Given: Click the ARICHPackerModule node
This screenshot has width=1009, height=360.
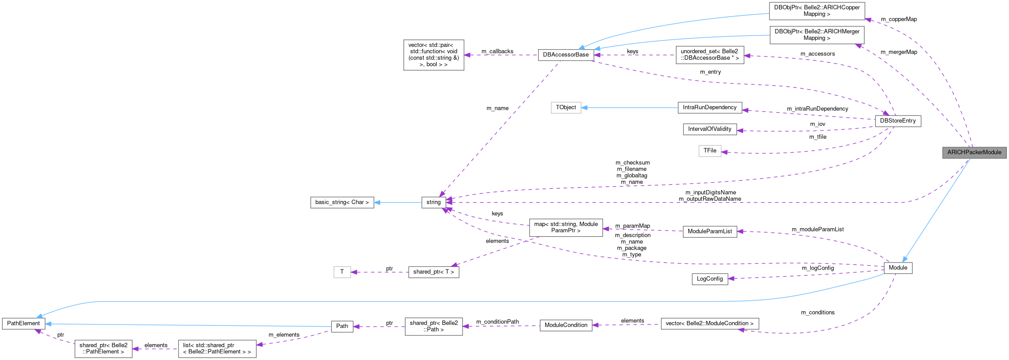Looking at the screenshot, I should tap(974, 152).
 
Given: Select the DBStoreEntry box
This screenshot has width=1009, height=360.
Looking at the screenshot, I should tap(898, 121).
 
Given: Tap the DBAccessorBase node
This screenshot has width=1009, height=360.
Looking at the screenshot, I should tap(566, 55).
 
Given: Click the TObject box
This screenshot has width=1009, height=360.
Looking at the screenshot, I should tap(566, 108).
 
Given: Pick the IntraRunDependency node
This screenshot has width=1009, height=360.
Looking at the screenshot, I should tap(709, 108).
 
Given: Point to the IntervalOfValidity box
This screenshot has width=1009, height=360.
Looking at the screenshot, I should tap(709, 129).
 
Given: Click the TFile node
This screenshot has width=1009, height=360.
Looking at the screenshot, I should tap(710, 151).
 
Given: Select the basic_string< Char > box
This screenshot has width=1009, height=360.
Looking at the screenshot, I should tap(342, 202).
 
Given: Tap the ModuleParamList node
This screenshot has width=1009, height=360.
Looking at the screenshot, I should tap(709, 231).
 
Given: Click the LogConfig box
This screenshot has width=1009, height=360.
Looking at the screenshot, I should tap(709, 279).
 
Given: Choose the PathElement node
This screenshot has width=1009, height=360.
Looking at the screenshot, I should tap(23, 324).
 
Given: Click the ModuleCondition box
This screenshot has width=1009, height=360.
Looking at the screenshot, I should tap(566, 325).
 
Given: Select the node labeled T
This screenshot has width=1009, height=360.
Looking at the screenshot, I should tap(342, 272).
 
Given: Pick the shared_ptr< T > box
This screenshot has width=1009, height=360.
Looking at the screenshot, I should tap(433, 272).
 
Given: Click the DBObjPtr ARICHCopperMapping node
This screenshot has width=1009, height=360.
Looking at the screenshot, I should tap(817, 11).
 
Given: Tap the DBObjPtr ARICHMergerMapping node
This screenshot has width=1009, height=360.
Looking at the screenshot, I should tap(817, 35).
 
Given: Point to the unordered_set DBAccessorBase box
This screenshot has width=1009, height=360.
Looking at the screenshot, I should tap(709, 55).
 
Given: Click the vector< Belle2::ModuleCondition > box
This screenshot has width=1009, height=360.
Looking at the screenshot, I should tap(709, 324).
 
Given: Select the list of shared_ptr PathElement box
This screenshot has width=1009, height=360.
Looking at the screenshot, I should tap(217, 349).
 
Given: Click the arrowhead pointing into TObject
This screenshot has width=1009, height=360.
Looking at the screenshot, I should tap(585, 108).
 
